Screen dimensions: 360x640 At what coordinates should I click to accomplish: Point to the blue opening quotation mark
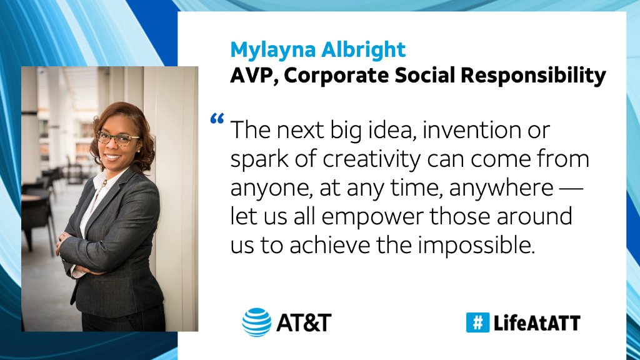coord(217,119)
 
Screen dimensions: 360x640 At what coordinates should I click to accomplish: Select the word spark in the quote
coord(256,160)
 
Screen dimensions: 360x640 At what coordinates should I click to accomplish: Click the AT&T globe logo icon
coord(257,322)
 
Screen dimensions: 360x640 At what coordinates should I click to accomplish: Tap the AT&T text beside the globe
coord(303,323)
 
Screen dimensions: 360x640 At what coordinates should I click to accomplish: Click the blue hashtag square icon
coord(477,322)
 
